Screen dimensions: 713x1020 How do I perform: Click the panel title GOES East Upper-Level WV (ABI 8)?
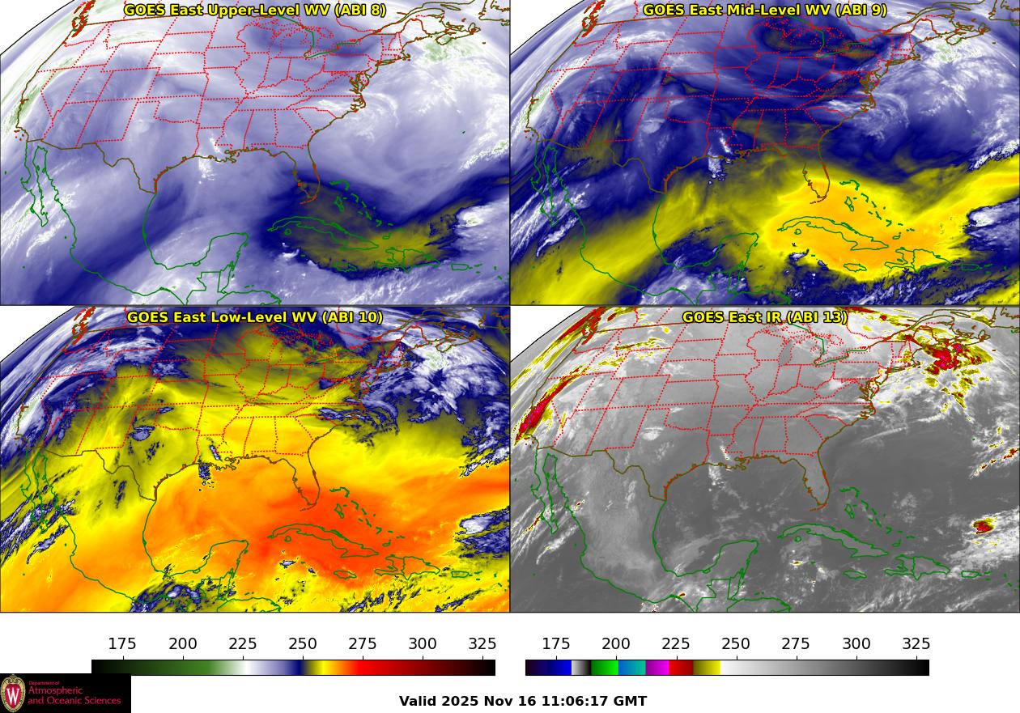[255, 11]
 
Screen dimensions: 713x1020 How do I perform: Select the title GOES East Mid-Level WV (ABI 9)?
[765, 11]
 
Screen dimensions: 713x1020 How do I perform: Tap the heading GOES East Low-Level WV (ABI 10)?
[255, 317]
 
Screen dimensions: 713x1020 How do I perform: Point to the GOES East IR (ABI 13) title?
[765, 317]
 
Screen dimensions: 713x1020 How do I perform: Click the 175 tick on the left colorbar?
[122, 644]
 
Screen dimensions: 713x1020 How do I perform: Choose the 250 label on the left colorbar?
[303, 644]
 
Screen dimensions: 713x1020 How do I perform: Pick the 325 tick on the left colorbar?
[482, 644]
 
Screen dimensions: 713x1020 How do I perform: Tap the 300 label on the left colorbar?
[423, 644]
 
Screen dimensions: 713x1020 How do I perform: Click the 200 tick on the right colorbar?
[616, 644]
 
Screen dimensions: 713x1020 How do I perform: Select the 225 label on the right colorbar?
[676, 644]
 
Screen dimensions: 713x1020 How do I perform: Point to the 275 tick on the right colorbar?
[796, 644]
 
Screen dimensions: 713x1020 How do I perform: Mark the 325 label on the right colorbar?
[916, 644]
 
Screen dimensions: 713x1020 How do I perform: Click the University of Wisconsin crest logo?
[13, 694]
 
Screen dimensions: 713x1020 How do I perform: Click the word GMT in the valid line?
[631, 701]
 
